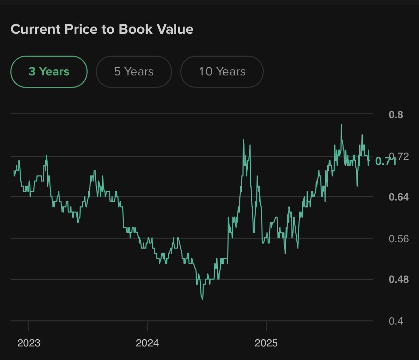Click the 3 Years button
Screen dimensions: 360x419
49,72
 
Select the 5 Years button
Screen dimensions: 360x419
134,72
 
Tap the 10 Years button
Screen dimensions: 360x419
222,72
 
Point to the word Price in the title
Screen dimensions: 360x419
81,29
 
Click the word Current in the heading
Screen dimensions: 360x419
36,29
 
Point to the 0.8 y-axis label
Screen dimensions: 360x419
396,115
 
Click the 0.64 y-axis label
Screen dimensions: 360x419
399,197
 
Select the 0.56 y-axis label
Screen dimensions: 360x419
399,239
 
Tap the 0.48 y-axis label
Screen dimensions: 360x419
399,279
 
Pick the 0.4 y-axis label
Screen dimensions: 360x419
396,321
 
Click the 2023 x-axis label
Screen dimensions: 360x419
29,343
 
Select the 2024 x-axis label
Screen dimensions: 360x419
147,343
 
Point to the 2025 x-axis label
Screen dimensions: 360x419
266,343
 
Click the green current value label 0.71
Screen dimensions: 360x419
385,161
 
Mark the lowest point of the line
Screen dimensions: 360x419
203,299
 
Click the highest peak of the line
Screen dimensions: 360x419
341,124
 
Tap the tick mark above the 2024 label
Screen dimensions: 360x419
147,326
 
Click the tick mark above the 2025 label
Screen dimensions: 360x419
266,326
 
